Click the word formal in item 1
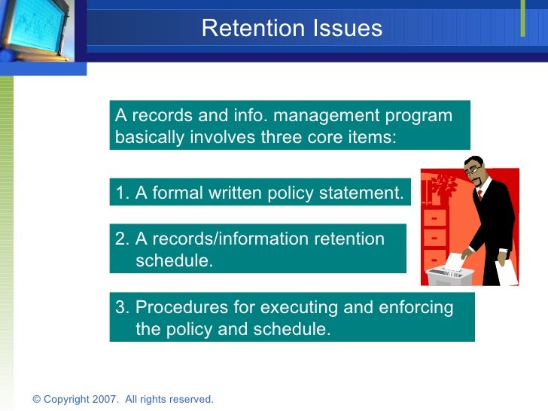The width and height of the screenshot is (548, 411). point(177,193)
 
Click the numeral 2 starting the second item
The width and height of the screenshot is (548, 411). point(120,239)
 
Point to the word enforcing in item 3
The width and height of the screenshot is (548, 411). point(418,308)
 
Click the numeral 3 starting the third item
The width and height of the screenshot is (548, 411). point(120,308)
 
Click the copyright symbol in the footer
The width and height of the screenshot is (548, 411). point(37,399)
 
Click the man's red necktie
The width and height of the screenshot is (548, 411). point(479,197)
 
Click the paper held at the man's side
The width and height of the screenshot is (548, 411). point(507,271)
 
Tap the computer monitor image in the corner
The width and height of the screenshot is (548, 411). point(34,30)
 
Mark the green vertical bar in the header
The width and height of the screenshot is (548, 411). point(522,20)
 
